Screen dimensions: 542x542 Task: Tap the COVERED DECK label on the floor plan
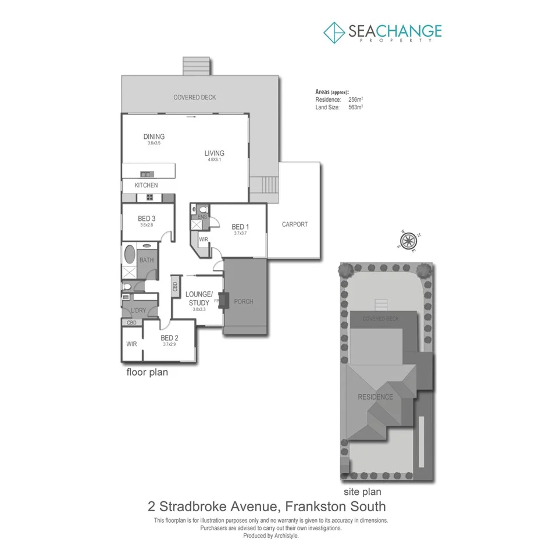pos(194,97)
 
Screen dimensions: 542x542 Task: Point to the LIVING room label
pos(214,154)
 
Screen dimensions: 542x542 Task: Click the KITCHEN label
pos(146,185)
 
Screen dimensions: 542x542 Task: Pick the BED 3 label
pos(146,219)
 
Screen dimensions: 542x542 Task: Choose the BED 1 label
pos(240,227)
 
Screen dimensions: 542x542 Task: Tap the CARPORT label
pos(294,224)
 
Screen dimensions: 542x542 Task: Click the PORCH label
pos(243,301)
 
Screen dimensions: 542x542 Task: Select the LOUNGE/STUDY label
pos(199,298)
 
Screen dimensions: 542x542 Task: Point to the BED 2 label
pos(169,338)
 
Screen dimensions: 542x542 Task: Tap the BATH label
pos(147,260)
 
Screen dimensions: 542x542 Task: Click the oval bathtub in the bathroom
pos(129,254)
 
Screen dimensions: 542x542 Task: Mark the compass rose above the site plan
pos(409,240)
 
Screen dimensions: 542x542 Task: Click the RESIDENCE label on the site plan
pos(375,397)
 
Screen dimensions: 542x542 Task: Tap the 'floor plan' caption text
pos(147,372)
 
